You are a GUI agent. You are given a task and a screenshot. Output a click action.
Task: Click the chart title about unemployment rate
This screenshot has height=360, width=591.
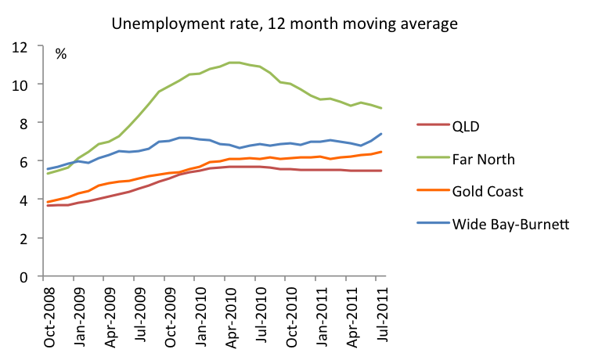295,24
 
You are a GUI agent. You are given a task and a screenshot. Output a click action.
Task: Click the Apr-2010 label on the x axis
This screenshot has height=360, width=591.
225,316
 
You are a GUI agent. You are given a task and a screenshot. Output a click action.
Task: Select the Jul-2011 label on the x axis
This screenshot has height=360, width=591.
376,316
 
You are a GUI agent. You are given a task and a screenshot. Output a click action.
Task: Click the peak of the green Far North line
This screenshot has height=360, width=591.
232,63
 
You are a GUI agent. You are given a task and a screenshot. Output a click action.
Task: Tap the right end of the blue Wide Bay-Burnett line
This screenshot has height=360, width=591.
381,134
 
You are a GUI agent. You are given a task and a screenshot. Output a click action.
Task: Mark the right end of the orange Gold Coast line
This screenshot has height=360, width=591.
381,152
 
